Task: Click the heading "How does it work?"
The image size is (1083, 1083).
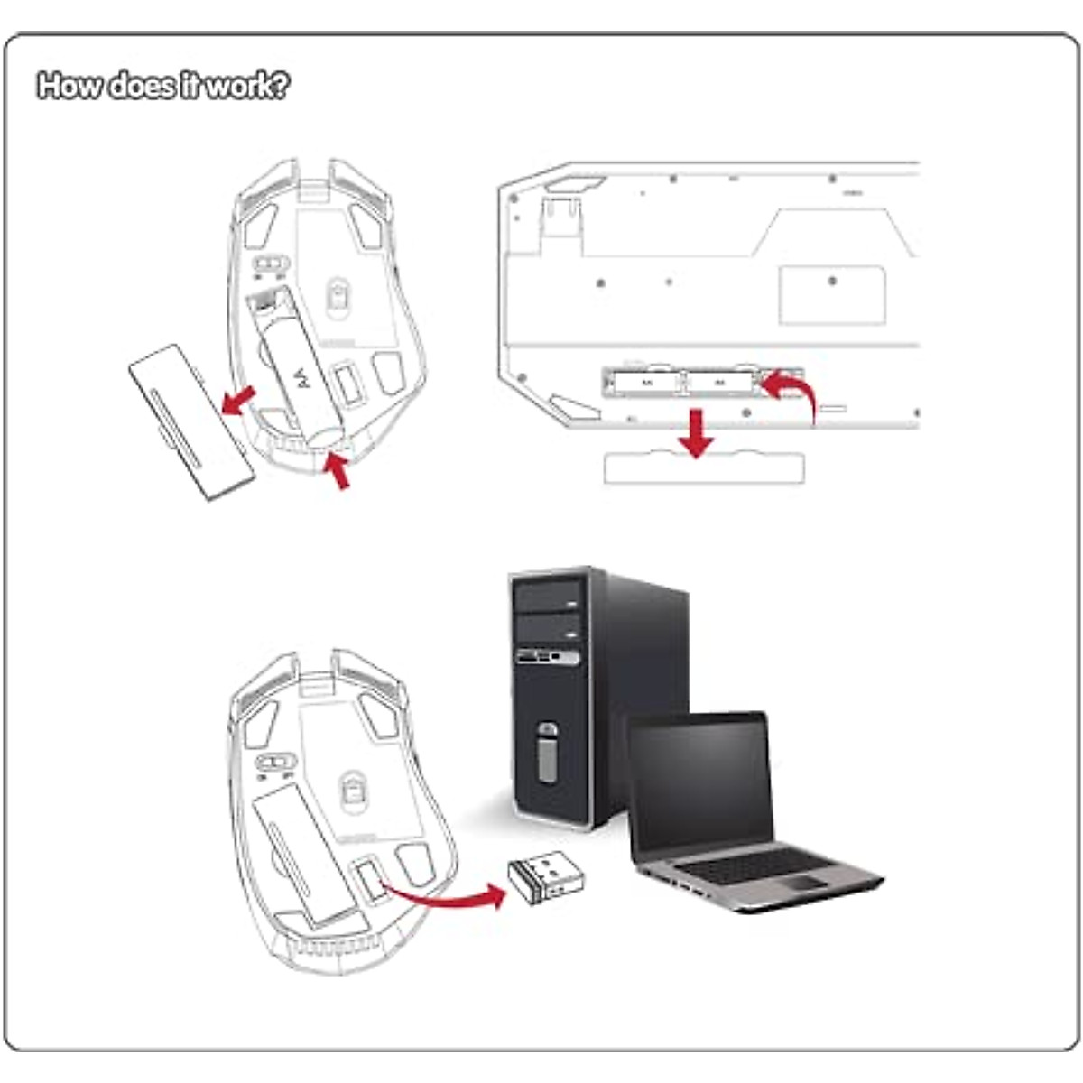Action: (x=163, y=86)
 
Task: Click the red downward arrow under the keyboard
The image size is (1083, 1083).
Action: (x=695, y=432)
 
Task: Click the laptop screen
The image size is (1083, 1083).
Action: (x=700, y=780)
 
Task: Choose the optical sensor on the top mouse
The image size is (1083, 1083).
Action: (x=339, y=295)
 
